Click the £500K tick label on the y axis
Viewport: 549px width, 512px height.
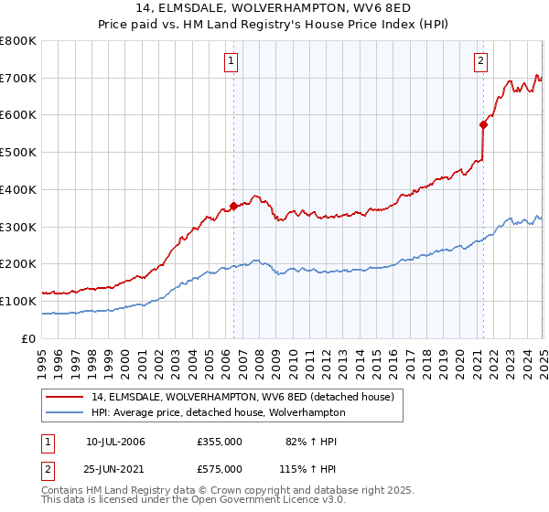pos(18,153)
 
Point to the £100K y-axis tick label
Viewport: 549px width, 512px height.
pos(18,301)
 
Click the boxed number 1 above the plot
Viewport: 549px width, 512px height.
pos(230,61)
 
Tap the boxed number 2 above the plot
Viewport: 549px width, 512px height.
pos(480,61)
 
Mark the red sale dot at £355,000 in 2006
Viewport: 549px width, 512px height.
pos(233,207)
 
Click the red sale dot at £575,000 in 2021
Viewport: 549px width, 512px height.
pos(483,124)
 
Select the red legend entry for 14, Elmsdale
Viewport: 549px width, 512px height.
pos(242,397)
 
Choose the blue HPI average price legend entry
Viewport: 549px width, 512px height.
pos(218,412)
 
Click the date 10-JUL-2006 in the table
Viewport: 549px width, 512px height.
pos(115,442)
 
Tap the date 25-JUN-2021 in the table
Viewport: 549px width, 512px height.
pos(115,468)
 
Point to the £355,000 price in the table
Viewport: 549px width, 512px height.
pos(219,442)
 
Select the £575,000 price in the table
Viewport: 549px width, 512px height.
pos(219,468)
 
